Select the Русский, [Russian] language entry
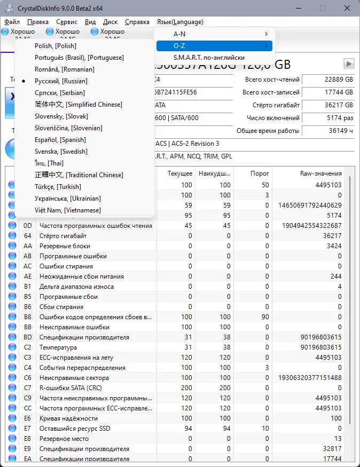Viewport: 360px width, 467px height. pyautogui.click(x=61, y=81)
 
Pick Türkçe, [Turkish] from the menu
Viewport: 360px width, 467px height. pyautogui.click(x=58, y=187)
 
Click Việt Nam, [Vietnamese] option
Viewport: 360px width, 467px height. pyautogui.click(x=67, y=210)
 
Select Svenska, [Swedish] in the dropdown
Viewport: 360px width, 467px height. pyautogui.click(x=61, y=152)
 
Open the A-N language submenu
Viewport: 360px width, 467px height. pyautogui.click(x=214, y=34)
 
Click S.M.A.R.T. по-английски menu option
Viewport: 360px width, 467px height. pyautogui.click(x=209, y=58)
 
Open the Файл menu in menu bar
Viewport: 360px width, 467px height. pyautogui.click(x=12, y=22)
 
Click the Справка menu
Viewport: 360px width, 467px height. pyautogui.click(x=137, y=22)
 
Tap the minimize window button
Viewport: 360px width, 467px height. pyautogui.click(x=298, y=8)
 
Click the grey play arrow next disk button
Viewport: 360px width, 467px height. pyautogui.click(x=349, y=64)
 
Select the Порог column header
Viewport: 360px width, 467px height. pyautogui.click(x=260, y=173)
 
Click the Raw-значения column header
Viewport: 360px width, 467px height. pyautogui.click(x=321, y=173)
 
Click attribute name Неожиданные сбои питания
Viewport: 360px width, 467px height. pyautogui.click(x=81, y=276)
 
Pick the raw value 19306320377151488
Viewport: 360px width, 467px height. pyautogui.click(x=310, y=378)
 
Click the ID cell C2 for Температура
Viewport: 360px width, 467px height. pyautogui.click(x=28, y=347)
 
